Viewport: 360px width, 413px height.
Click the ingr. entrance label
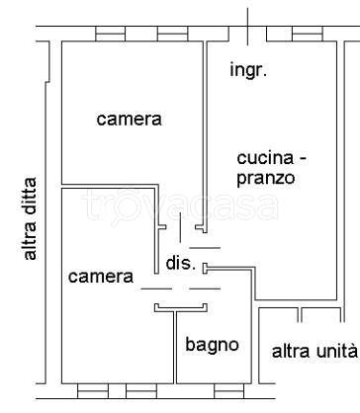[249, 70]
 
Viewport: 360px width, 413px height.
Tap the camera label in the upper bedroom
[129, 120]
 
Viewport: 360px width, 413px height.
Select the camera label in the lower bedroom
[100, 277]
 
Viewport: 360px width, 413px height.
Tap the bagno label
[212, 345]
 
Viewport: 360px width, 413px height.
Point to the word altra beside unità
[291, 351]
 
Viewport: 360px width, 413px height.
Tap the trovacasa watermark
[179, 206]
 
